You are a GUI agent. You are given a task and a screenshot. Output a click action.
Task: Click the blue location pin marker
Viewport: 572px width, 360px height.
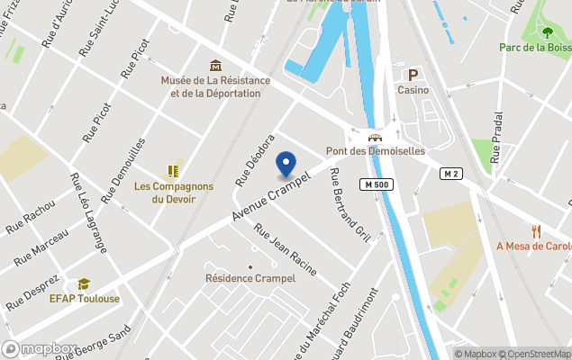(x=286, y=164)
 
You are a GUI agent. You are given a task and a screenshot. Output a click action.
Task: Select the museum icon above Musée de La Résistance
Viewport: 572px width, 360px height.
(x=215, y=66)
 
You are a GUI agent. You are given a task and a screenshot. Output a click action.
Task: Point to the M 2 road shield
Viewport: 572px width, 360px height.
(x=451, y=173)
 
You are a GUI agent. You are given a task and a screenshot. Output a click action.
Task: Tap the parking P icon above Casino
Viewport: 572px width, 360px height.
(x=413, y=76)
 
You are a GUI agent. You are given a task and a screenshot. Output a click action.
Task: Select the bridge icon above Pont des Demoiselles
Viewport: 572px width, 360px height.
(x=375, y=138)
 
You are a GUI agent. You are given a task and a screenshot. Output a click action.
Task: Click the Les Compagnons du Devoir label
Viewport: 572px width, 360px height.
(x=174, y=193)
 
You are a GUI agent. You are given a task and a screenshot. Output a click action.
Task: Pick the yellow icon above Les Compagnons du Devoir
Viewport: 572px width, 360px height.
(x=174, y=170)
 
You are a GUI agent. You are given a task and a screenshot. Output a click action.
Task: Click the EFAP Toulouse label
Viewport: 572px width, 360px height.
(x=84, y=299)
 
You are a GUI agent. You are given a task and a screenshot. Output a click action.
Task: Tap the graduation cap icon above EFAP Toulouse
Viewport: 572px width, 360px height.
(x=84, y=283)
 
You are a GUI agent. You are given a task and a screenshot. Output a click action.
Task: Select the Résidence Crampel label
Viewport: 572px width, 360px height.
(x=250, y=279)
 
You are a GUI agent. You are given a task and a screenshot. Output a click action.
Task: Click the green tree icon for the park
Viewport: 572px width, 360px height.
(x=548, y=33)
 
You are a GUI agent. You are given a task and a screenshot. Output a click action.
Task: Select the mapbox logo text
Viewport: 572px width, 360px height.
(x=41, y=348)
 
